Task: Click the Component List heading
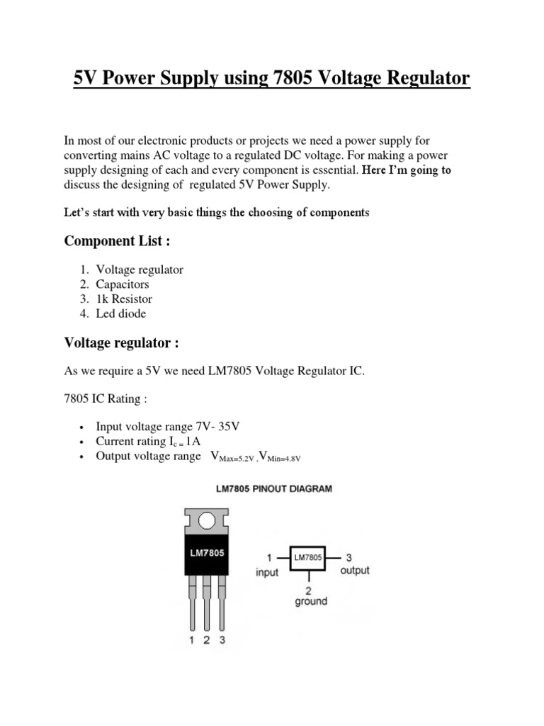point(117,241)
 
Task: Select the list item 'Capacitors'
point(123,284)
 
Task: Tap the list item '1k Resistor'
point(124,298)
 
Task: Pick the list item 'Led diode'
point(121,313)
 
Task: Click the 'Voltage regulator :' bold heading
point(122,343)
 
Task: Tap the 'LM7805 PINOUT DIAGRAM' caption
point(273,488)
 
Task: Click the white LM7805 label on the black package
point(206,553)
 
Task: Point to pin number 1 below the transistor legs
point(191,640)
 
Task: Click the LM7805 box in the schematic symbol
point(308,558)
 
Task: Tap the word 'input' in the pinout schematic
point(267,573)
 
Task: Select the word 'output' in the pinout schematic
point(355,571)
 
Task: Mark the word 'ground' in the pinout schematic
point(310,601)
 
